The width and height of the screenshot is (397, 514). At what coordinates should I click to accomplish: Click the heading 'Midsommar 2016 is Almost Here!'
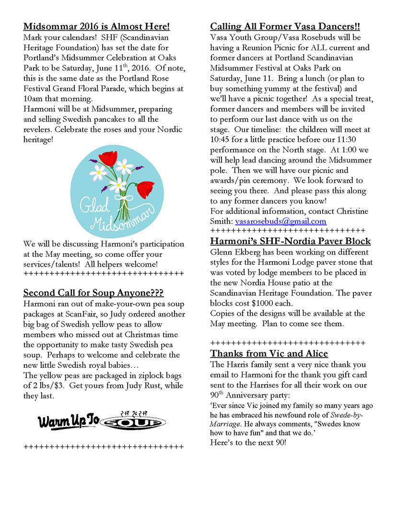(x=96, y=26)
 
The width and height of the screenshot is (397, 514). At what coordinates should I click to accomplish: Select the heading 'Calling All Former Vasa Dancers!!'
(x=285, y=26)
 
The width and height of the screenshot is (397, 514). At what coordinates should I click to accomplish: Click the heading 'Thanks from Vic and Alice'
(x=269, y=354)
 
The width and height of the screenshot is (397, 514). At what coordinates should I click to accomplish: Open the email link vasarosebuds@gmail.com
(x=280, y=222)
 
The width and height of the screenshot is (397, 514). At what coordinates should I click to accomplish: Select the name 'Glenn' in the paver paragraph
(x=223, y=252)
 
